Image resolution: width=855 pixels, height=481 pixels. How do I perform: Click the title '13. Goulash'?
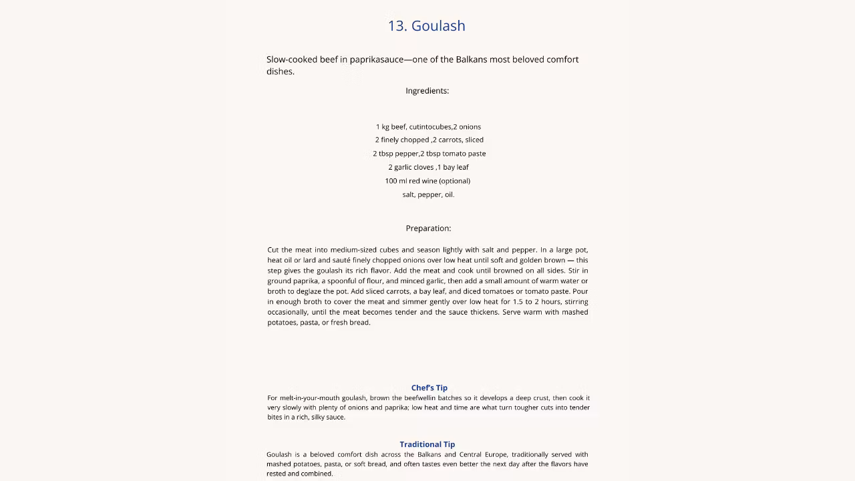tap(426, 26)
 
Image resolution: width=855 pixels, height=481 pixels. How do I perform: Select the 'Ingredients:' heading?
tap(427, 91)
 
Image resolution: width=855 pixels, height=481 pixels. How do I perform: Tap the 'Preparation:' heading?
tap(428, 228)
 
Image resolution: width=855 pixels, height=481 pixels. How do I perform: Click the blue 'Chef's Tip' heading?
tap(429, 387)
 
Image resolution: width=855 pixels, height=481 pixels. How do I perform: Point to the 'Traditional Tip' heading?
tap(427, 444)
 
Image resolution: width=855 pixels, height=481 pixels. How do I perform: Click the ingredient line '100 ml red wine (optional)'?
tap(427, 181)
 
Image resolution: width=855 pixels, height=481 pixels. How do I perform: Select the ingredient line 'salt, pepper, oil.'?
tap(428, 194)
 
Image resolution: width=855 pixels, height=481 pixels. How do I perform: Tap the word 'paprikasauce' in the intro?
tap(377, 59)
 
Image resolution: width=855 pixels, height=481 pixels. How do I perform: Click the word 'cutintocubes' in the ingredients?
tap(430, 127)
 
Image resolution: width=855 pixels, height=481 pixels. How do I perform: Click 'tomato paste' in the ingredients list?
tap(464, 154)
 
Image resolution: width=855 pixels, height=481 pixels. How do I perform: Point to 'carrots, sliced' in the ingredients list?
tap(461, 140)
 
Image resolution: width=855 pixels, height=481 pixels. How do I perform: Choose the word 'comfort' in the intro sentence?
tap(562, 59)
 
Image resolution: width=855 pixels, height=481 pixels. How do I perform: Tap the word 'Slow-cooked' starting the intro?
tap(292, 59)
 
